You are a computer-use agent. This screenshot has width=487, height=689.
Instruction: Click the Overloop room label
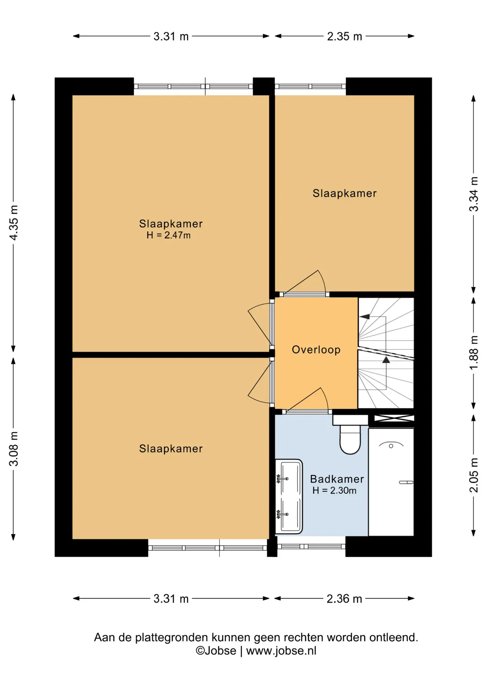point(316,350)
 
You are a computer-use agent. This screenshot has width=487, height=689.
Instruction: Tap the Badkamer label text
point(337,479)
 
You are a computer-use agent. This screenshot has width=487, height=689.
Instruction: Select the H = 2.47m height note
point(169,235)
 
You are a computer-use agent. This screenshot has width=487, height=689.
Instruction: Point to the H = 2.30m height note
point(334,491)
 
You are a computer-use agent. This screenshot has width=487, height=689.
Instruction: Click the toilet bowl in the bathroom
point(350,440)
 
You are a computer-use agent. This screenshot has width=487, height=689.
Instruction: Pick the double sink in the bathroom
point(289,497)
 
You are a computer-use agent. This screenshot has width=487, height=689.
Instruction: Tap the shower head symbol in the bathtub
point(391,445)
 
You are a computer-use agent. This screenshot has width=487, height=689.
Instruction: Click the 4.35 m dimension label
point(14,223)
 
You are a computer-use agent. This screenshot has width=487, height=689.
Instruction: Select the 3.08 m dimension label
point(14,449)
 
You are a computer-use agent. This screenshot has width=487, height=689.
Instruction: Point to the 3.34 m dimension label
point(474,194)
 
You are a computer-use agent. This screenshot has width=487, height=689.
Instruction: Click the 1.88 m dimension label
point(474,353)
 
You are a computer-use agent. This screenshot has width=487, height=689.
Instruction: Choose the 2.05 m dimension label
point(474,475)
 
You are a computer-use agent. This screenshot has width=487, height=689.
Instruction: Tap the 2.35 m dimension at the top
point(344,37)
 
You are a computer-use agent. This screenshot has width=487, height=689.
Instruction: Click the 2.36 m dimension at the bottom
point(344,599)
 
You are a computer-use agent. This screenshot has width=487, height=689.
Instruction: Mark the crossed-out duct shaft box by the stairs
point(394,418)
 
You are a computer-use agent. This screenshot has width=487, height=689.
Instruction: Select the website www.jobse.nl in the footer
point(281,651)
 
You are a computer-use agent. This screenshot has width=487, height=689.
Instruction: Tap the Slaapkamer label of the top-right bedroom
point(345,193)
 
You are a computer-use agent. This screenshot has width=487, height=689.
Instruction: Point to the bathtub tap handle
point(406,482)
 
